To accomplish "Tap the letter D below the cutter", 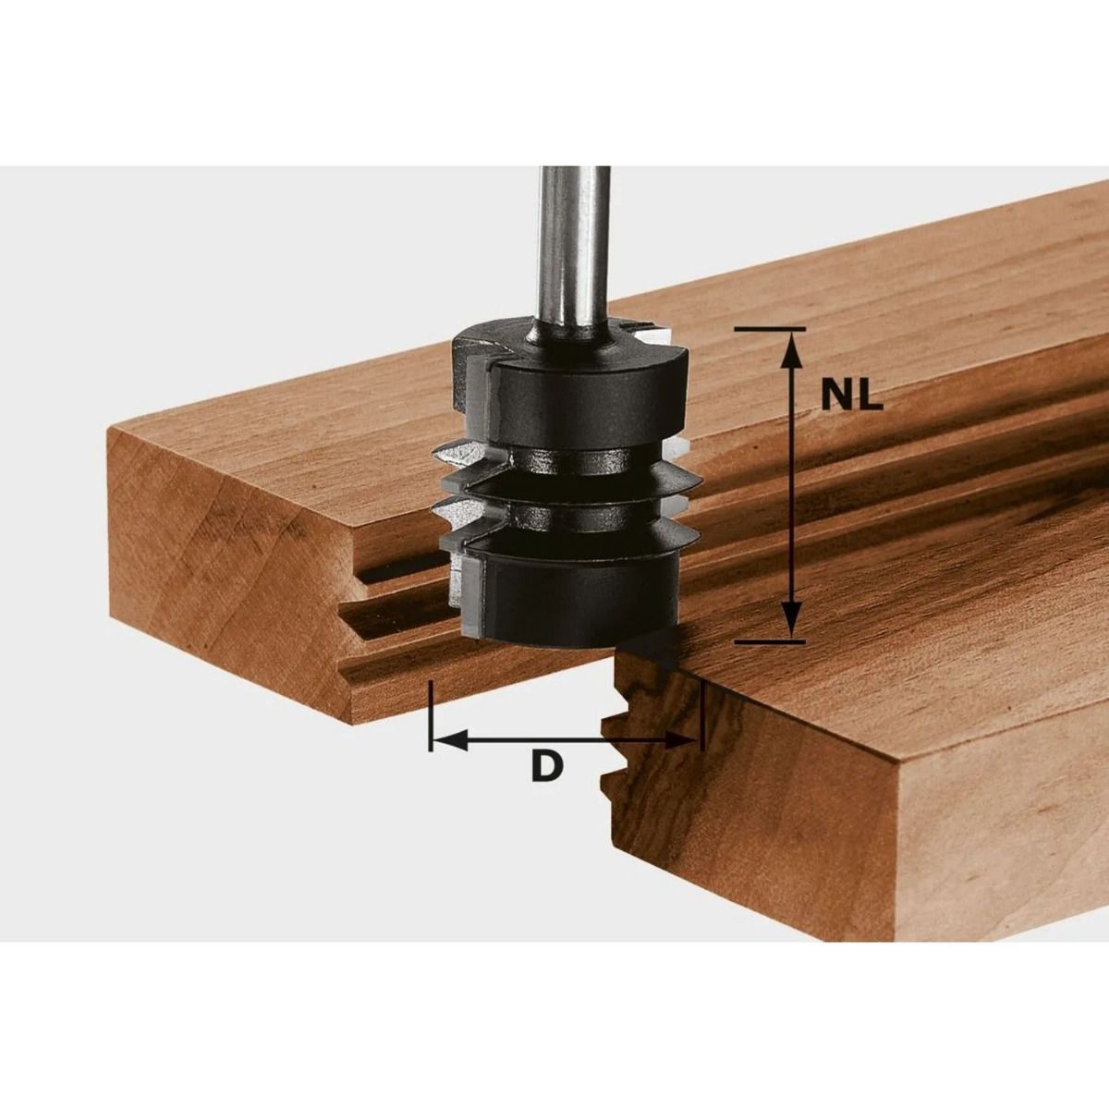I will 547,766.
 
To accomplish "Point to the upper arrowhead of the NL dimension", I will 791,347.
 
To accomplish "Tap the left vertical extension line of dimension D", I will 431,716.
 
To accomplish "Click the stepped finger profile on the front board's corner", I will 638,730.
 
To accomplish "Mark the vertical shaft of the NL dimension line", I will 791,481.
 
